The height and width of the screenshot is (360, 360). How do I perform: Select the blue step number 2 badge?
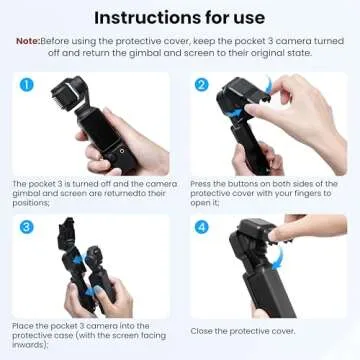click(201, 87)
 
